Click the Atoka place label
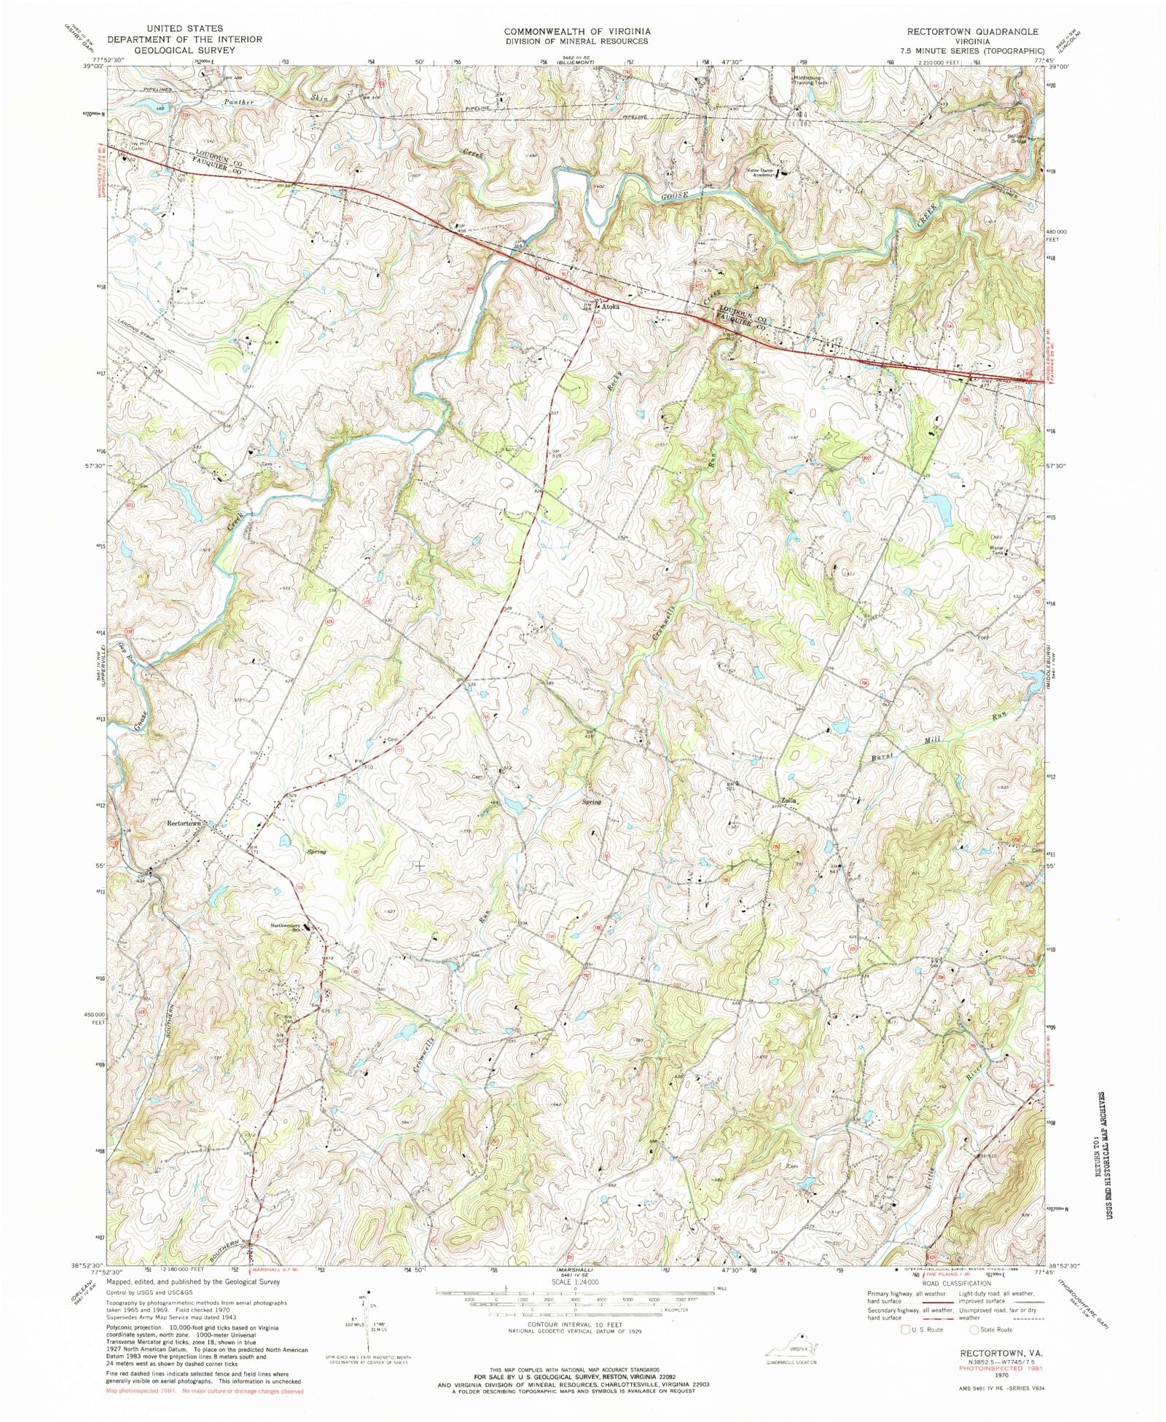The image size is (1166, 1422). (610, 307)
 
